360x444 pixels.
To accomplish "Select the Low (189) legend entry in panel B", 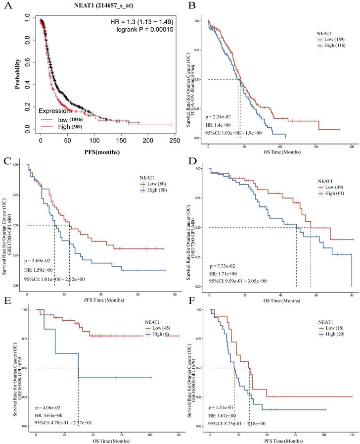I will [x=333, y=37].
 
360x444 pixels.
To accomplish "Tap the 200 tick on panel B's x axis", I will [x=351, y=147].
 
